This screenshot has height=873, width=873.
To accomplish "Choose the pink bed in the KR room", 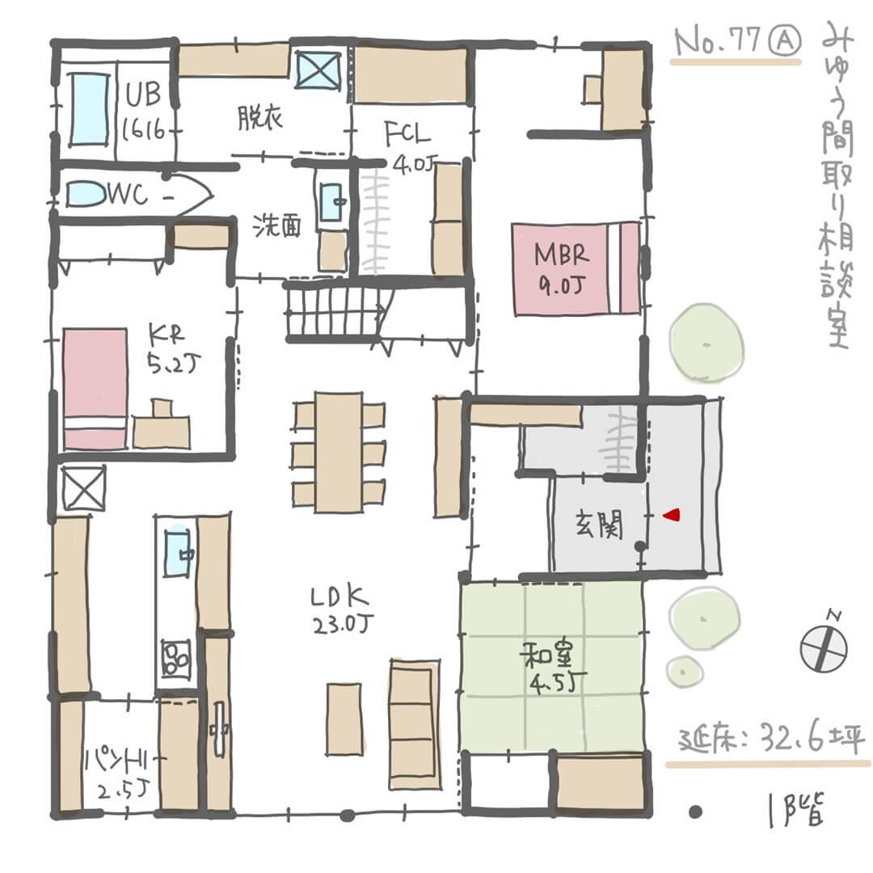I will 95,388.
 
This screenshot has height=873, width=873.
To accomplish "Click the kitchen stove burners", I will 175,657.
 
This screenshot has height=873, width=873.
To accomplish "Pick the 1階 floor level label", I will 795,811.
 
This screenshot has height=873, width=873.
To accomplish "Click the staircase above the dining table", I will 335,311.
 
